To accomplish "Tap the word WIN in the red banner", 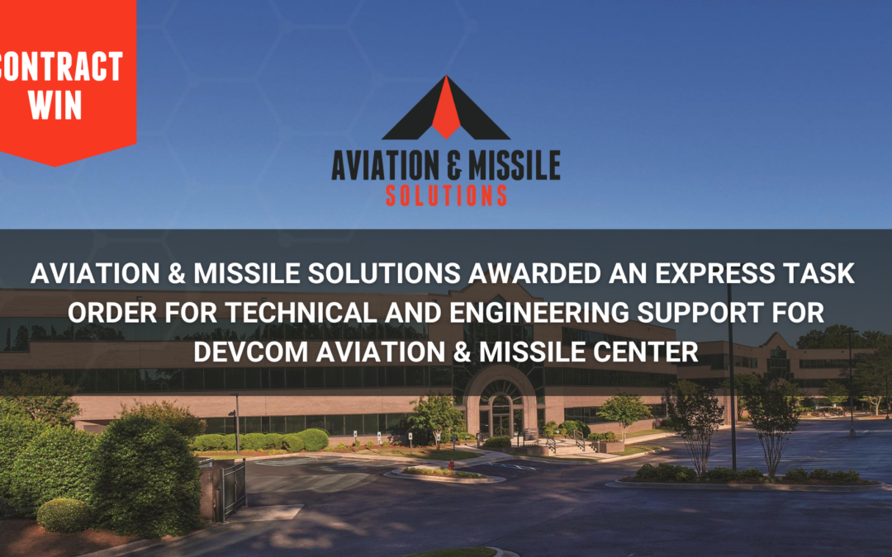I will (x=56, y=106).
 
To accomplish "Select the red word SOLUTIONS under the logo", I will (x=446, y=195).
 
